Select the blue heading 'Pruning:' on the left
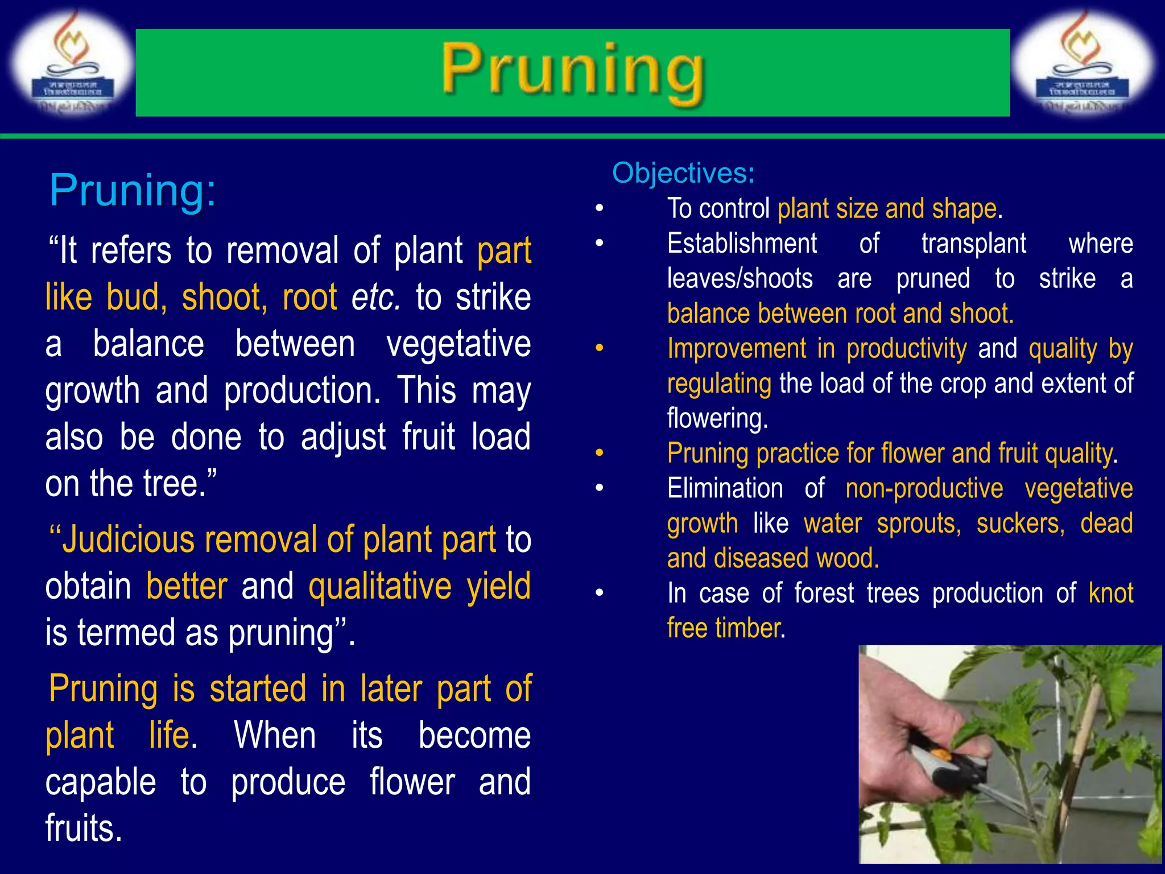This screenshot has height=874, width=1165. pos(133,190)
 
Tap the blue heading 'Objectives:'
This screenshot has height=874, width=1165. pos(683,173)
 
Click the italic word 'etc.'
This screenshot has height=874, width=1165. pos(375,298)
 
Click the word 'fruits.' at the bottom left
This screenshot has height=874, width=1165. pos(84,828)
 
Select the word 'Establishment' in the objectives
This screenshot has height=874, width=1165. pos(742,244)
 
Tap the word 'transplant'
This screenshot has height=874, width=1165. pos(973,244)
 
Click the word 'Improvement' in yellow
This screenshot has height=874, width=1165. pos(737,348)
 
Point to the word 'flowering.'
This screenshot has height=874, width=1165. pos(717,418)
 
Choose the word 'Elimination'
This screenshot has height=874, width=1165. pos(725,488)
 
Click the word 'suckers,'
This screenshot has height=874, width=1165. pos(1020,523)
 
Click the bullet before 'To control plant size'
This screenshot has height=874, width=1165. pos(599,209)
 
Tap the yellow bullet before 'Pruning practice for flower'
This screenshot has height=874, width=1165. pos(599,454)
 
